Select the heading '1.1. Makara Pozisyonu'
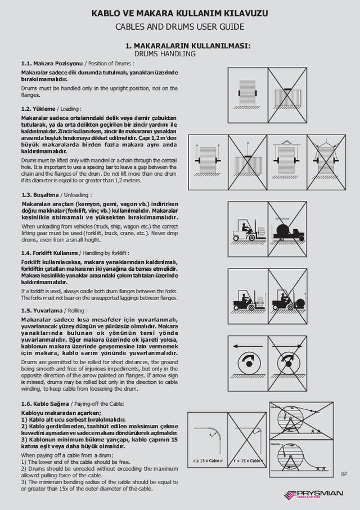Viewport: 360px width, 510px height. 52,63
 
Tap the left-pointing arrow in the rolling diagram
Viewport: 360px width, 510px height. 247,345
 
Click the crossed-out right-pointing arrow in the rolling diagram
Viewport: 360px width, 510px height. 287,345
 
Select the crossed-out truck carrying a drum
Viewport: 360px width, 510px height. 287,229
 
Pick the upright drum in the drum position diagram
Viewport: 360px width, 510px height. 247,91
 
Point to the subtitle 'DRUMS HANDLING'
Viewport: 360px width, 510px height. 164,54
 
